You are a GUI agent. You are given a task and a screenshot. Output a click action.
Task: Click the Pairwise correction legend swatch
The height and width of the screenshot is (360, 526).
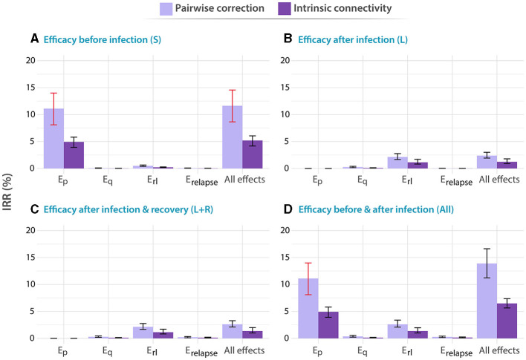point(166,9)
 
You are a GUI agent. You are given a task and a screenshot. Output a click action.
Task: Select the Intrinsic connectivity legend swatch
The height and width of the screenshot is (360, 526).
point(284,9)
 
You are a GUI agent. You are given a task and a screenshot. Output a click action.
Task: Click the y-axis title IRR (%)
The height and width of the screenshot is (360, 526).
point(7,192)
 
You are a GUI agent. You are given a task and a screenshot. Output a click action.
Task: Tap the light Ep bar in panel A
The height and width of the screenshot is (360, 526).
point(53,139)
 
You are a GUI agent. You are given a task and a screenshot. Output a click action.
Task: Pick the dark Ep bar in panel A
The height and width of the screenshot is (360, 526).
point(74,155)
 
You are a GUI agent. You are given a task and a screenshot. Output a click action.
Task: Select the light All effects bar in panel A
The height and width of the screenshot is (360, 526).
point(232,137)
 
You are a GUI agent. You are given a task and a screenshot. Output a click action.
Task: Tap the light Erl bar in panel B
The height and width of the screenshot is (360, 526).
point(397,163)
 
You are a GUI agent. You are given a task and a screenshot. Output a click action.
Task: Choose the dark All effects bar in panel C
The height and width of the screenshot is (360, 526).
point(253,335)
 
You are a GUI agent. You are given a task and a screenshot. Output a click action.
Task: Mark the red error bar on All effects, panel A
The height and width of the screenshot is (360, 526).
point(232,106)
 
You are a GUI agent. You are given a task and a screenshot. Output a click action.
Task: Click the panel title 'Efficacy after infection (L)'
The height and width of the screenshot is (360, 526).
point(353,39)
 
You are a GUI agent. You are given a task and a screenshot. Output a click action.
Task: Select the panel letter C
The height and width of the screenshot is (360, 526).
point(34,209)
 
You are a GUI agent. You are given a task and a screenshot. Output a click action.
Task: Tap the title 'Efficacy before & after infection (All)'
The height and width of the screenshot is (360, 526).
point(376,209)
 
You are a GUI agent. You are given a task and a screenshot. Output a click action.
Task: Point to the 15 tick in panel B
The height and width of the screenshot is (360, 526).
point(285,88)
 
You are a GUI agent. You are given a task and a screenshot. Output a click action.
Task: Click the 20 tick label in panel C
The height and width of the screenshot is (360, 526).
point(30,230)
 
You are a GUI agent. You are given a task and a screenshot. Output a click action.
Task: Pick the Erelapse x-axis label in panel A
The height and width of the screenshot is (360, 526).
point(202,180)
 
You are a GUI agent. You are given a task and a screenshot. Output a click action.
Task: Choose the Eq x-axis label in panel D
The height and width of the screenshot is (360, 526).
point(363,351)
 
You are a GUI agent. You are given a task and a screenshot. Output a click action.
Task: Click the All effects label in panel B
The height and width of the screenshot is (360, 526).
point(499,180)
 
